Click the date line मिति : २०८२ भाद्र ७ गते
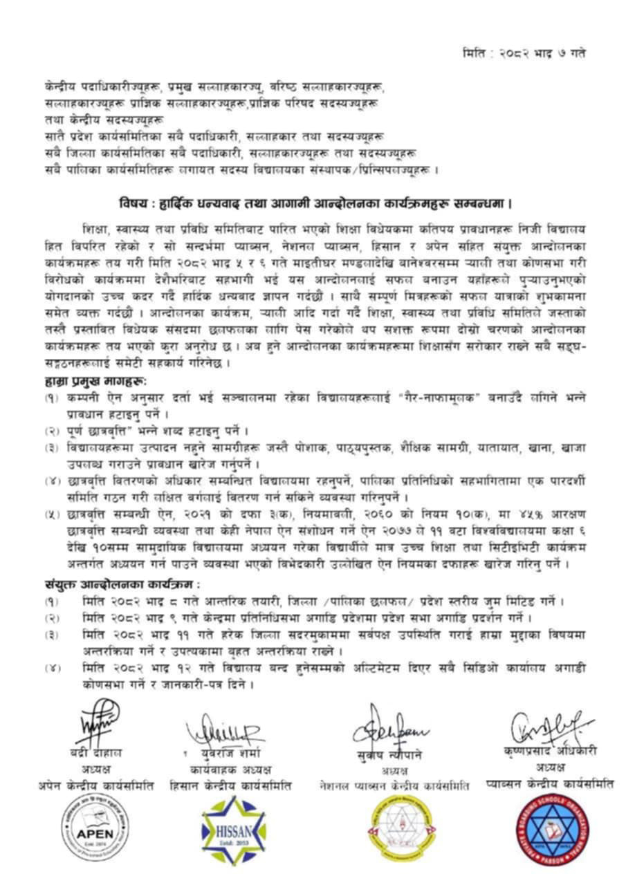(524, 53)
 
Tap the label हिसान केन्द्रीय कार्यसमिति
(230, 785)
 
